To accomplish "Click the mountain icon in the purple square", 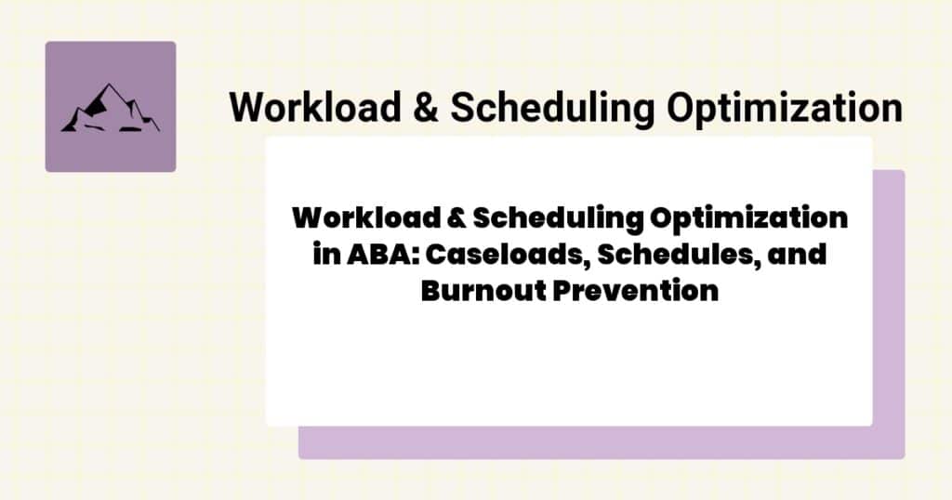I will pyautogui.click(x=110, y=109).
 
